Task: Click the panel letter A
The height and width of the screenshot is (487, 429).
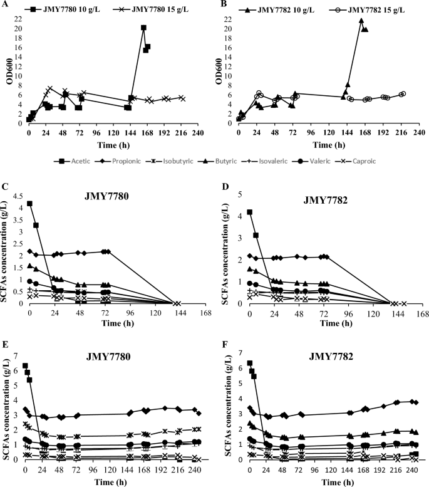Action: click(3, 3)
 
